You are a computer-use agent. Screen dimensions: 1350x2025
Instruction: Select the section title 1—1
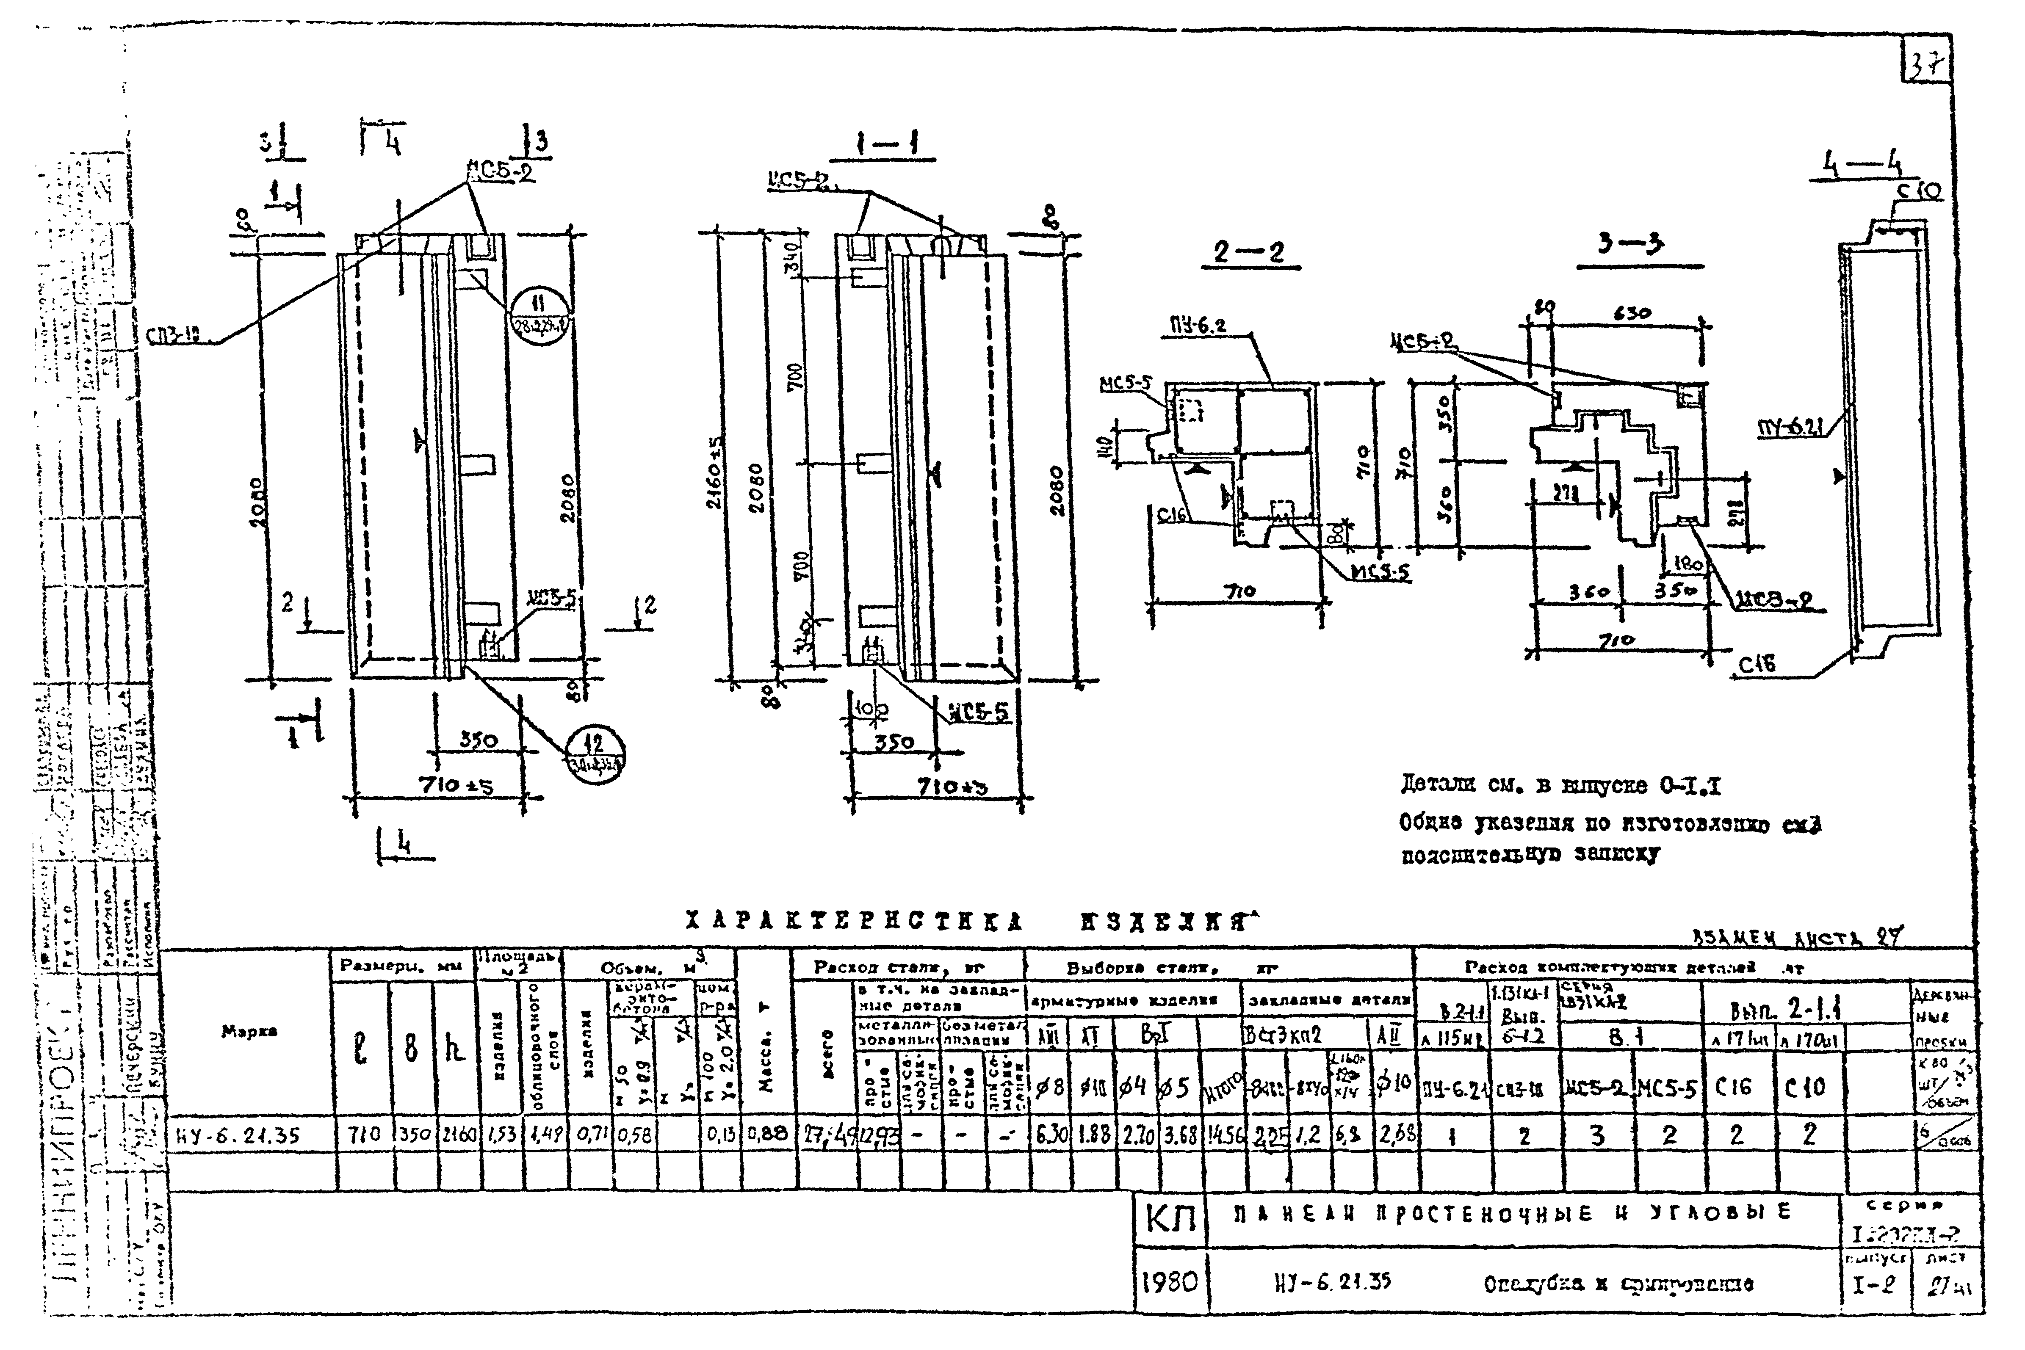(x=887, y=146)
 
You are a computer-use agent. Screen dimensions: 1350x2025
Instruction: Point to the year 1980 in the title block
(x=1169, y=1283)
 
